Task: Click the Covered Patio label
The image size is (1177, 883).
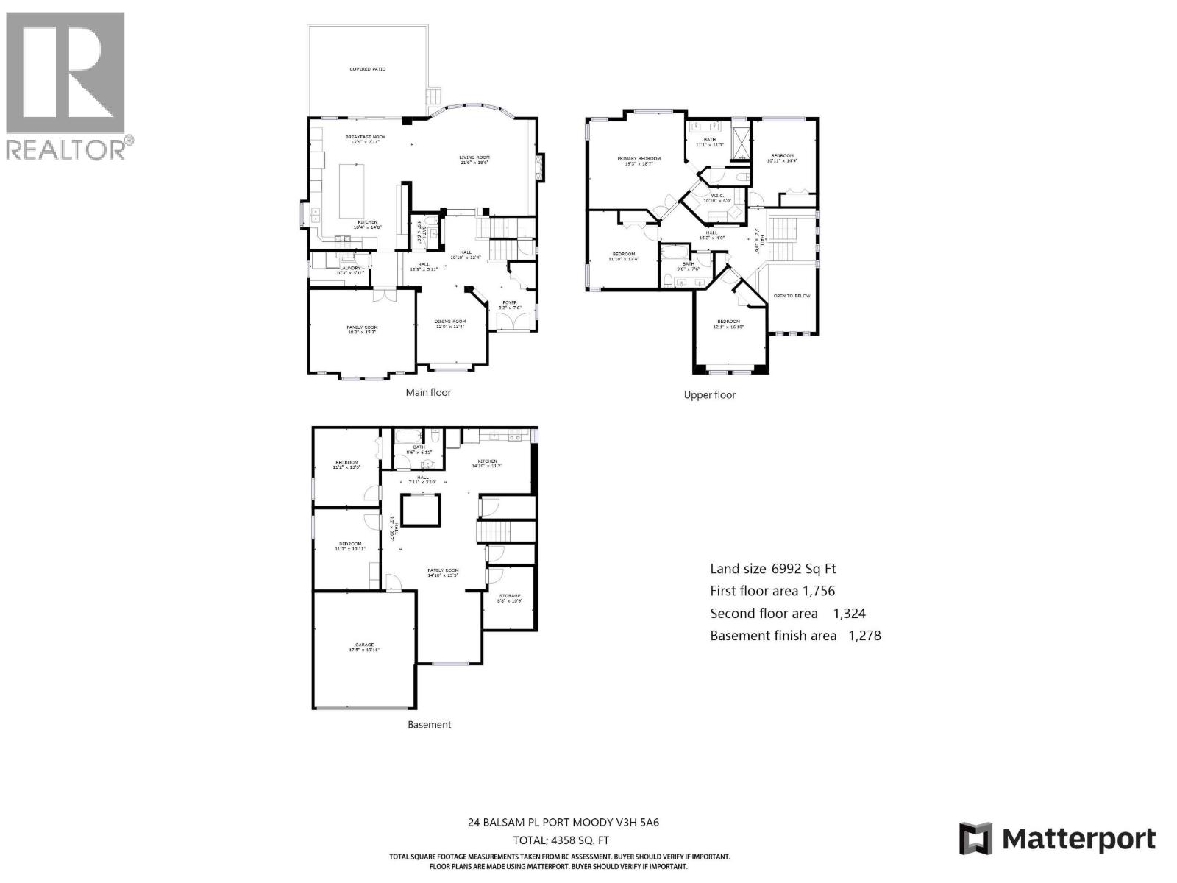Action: pos(367,69)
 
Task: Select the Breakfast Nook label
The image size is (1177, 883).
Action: pos(366,138)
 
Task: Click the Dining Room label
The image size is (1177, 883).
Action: pos(449,322)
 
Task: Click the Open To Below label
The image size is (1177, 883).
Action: pos(792,296)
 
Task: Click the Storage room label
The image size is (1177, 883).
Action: pos(509,597)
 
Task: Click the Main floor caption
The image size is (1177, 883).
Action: pos(428,393)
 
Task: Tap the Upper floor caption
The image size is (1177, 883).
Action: pos(709,395)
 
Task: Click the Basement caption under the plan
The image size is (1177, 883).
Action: pos(429,725)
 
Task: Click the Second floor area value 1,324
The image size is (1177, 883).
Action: pos(849,614)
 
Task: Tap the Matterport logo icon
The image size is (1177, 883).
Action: pos(975,839)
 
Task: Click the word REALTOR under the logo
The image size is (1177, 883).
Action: pos(66,149)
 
